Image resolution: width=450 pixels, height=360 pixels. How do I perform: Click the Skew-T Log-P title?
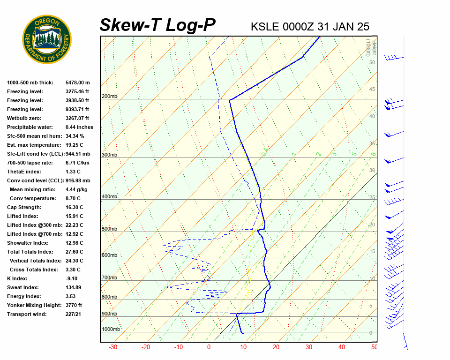coord(157,25)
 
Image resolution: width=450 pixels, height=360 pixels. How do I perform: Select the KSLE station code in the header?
coord(265,27)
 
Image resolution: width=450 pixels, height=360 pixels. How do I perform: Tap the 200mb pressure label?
coord(109,97)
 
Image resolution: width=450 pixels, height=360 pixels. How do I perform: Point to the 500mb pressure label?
coord(109,229)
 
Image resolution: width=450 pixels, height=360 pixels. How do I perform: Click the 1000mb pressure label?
coord(111,330)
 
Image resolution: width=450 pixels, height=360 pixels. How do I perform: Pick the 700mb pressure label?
coord(109,278)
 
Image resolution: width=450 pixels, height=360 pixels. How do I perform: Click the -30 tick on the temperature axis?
coord(113,347)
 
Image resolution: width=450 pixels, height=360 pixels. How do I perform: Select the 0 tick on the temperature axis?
coord(209,347)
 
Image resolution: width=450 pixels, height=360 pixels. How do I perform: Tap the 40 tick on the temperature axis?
coord(341,347)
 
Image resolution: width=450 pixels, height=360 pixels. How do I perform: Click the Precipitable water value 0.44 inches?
coord(79,127)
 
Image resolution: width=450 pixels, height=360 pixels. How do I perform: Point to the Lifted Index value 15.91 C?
coord(74,216)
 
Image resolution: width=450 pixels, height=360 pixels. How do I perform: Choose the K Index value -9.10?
coord(72,278)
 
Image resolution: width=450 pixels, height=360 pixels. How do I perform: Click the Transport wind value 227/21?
coord(74,314)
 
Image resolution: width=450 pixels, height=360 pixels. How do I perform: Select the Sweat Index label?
coord(23,287)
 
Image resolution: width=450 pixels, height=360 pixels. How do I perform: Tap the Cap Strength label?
coord(24,207)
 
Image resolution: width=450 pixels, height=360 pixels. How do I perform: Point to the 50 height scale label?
coord(372,62)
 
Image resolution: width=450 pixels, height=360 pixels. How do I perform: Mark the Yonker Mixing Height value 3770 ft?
coord(74,305)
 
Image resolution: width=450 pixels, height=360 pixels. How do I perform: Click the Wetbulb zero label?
coord(24,118)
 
